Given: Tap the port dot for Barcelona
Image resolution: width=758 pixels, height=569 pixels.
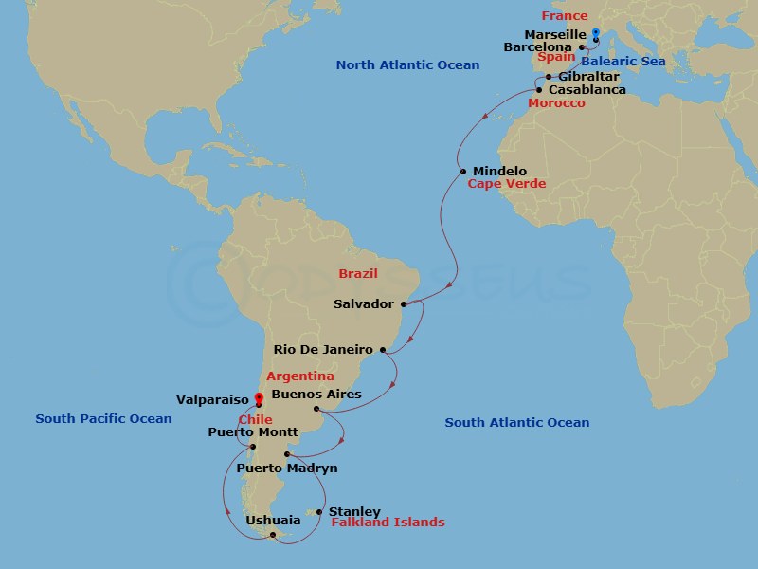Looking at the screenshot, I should coord(581,46).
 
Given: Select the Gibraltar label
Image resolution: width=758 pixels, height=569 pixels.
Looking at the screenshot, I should coord(589,76).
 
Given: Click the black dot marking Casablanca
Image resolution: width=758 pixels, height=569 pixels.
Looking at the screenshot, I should coord(539,90).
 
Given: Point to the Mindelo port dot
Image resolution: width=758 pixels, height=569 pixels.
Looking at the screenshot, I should coord(462,172).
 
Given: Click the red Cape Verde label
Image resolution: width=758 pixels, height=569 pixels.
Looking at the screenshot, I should coord(506,184).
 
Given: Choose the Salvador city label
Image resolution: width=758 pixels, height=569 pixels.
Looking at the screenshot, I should coord(364,304).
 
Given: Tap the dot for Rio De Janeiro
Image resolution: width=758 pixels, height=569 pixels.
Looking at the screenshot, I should coord(383,350).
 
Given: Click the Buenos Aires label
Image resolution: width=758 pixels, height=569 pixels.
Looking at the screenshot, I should coord(316,394).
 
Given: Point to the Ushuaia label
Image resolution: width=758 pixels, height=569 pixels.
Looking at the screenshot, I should coord(273,521).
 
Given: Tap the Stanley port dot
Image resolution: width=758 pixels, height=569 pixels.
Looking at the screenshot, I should coord(319,512).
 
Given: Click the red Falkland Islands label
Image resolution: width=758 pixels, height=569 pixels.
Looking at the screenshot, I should coord(388,523).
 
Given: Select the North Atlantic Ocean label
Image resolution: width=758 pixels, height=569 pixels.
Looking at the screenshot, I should coord(407,65).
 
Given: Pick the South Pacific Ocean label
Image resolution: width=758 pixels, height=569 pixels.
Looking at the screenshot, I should coord(103,419).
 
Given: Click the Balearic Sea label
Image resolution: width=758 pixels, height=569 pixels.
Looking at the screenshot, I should coord(623,62).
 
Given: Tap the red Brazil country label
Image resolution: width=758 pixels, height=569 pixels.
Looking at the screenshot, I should coord(358,274).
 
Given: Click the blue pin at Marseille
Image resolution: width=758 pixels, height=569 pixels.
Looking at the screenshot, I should coord(595,34).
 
